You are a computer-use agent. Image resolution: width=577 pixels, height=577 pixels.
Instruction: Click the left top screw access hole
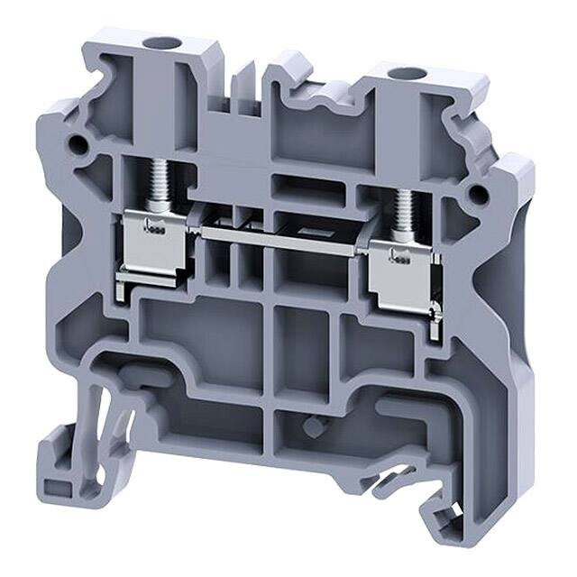(x=162, y=42)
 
